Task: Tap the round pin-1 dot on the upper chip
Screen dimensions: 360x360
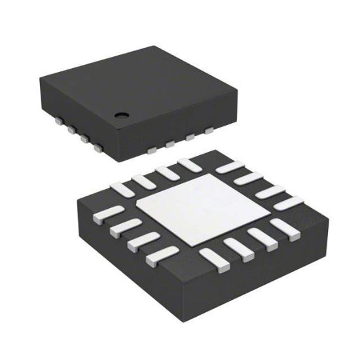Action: [121, 115]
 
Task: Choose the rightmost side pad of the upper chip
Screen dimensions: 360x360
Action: [209, 131]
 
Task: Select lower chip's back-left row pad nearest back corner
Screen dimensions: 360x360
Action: [189, 164]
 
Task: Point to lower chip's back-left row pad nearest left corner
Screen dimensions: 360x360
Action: [122, 188]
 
